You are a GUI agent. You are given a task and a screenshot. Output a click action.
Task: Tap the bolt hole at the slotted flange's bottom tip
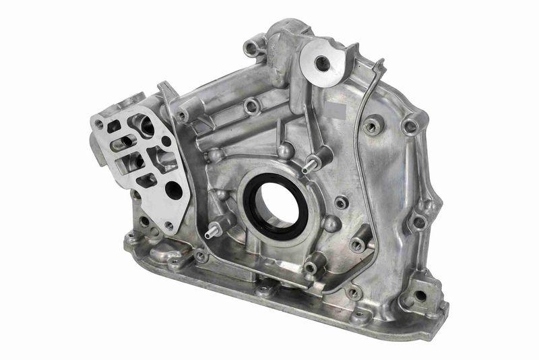pos(168,226)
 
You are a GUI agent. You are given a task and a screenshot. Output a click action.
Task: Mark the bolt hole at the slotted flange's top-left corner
pos(100,124)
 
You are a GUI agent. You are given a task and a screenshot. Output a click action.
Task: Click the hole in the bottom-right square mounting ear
pos(419,295)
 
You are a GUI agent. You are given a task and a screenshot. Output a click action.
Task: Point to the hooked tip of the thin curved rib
pos(381,64)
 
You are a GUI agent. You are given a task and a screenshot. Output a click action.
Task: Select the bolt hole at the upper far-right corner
pos(409,127)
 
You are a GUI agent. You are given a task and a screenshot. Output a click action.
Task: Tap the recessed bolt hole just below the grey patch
pos(370,126)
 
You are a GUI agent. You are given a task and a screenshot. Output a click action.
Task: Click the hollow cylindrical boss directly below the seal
pos(310,268)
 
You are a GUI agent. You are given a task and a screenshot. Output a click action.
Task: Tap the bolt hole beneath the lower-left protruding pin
pos(201,256)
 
